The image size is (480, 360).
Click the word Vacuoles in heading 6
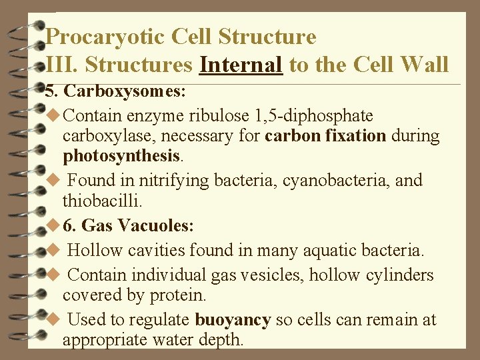point(155,226)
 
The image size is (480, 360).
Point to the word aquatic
point(330,251)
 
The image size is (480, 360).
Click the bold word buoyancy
point(232,320)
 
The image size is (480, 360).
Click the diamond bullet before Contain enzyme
point(55,115)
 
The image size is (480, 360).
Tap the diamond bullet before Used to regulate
point(55,320)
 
